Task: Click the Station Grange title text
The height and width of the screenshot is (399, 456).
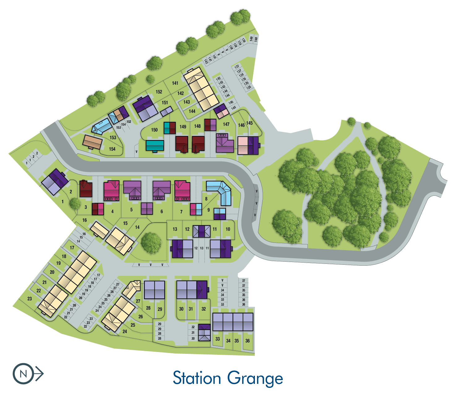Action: (228, 378)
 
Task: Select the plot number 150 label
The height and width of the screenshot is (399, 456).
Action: (154, 130)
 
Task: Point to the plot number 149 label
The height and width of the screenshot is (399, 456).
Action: (183, 127)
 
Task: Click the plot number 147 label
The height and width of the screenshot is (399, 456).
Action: (226, 124)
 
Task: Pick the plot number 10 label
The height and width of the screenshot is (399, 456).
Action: (228, 229)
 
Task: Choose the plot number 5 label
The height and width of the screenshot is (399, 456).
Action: (131, 210)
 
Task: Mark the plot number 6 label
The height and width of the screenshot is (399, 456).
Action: (161, 212)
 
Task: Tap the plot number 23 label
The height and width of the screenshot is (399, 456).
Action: (29, 299)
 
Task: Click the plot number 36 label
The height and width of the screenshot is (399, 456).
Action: (247, 341)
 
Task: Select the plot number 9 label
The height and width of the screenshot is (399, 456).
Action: (209, 210)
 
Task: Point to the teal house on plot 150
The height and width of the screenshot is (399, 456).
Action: (155, 145)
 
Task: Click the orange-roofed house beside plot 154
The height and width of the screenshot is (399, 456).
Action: (92, 142)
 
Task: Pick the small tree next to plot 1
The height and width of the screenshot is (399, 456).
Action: (75, 204)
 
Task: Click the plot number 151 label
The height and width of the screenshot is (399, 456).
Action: (165, 103)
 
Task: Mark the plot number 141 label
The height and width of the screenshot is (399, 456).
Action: (175, 83)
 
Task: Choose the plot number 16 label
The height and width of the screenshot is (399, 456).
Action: (84, 220)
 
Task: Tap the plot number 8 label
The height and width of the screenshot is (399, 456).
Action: (206, 199)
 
